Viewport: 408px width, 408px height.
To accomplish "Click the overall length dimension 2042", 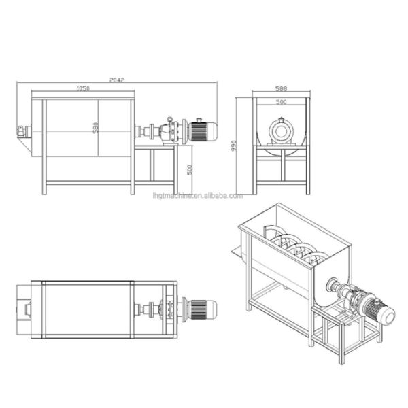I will pos(117,80).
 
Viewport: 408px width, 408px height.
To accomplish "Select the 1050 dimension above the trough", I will pos(83,88).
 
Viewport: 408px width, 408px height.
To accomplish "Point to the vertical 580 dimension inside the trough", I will pos(96,127).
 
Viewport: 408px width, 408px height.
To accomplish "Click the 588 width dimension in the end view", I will pos(280,88).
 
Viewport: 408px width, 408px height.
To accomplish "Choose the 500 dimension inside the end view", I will pos(280,102).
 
